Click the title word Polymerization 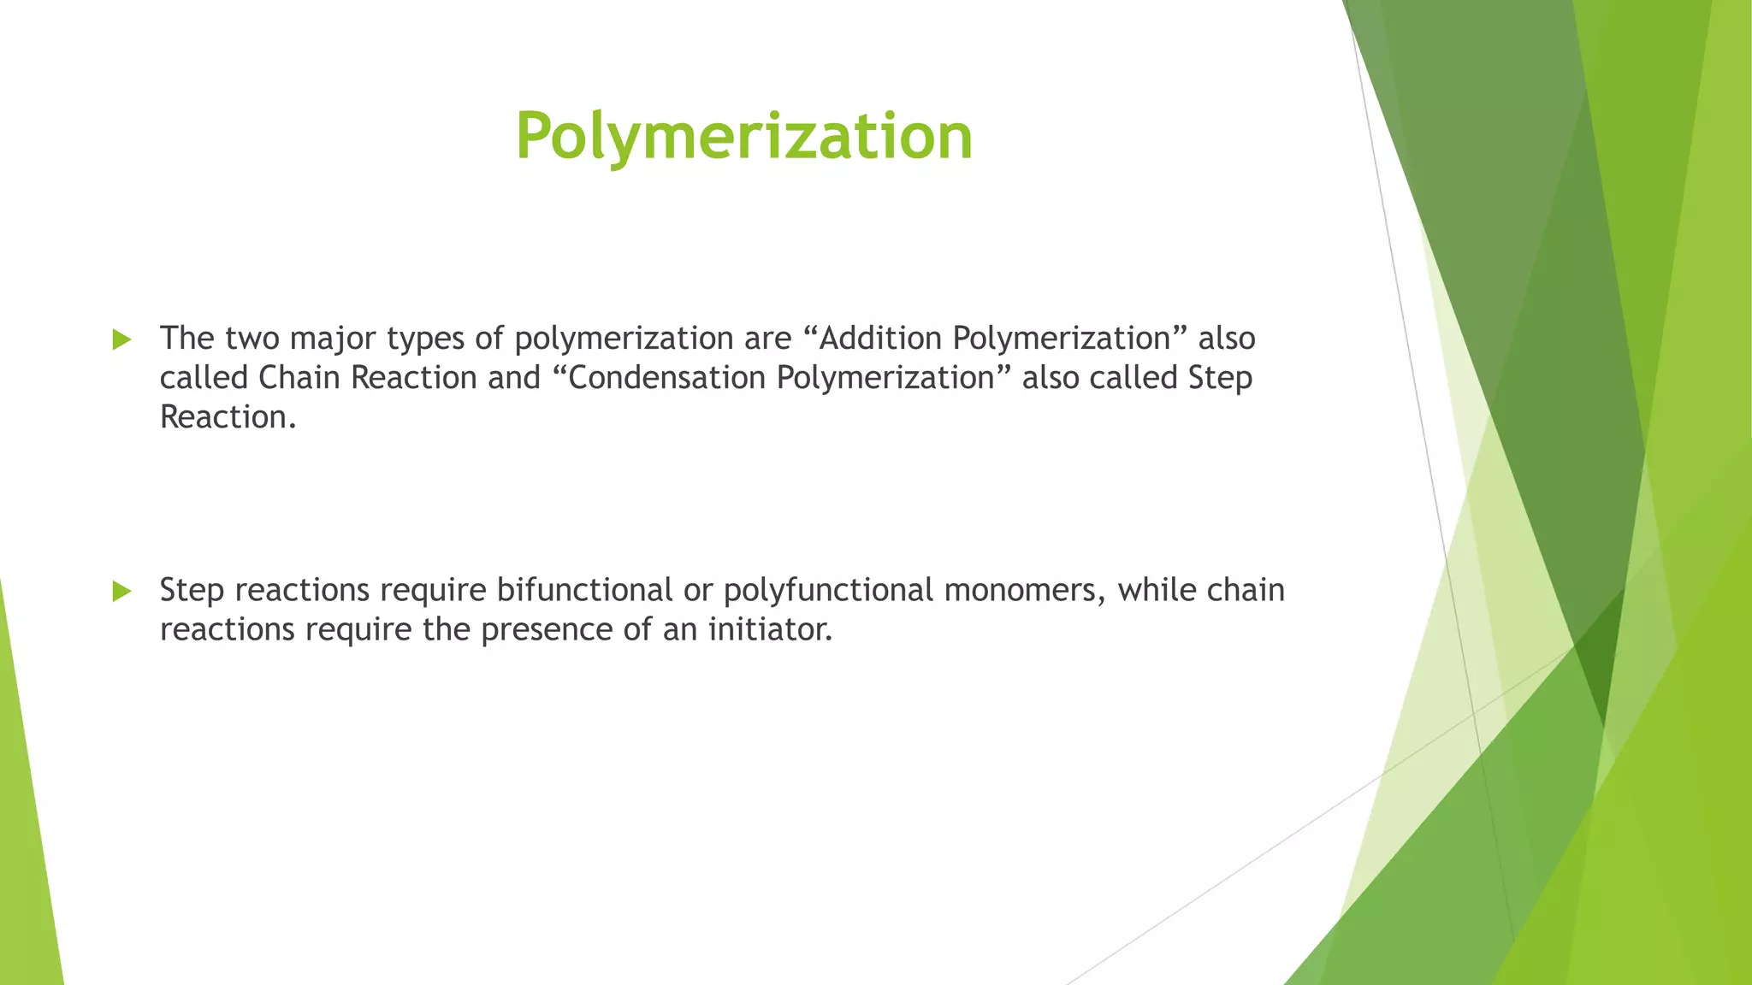click(x=743, y=136)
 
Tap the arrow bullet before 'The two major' click(x=121, y=340)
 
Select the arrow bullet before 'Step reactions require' click(x=121, y=591)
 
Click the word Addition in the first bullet click(x=880, y=339)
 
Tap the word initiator click(x=770, y=630)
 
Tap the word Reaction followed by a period click(x=228, y=417)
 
